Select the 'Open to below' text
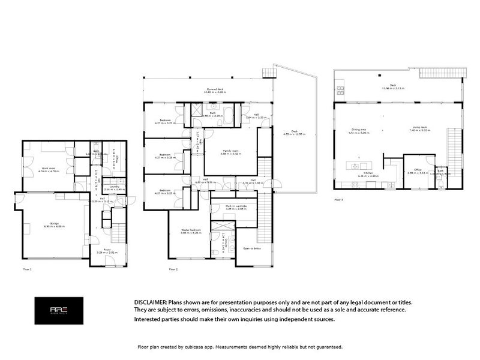tap(251, 247)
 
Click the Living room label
tap(419, 128)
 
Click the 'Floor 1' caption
tap(26, 269)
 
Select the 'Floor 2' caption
tap(173, 269)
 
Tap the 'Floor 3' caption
tap(339, 199)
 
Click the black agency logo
tap(58, 310)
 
